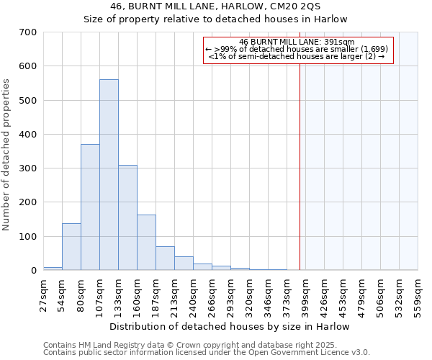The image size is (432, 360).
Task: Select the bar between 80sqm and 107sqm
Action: pos(90,207)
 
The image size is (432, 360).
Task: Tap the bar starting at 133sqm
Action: pos(127,217)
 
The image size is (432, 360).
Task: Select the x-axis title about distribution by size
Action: pos(230,326)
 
